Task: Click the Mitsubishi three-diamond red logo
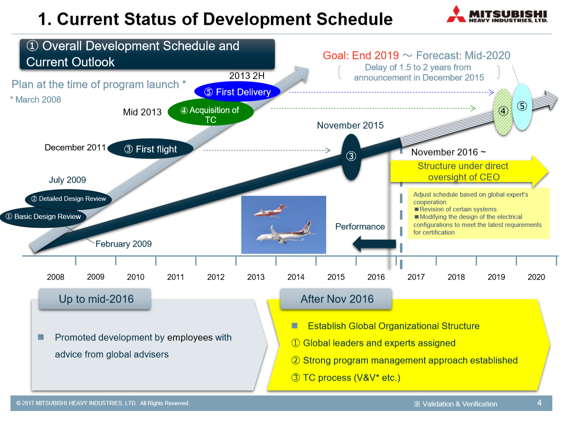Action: point(456,14)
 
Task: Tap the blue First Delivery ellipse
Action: point(237,92)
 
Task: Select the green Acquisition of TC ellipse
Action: point(211,112)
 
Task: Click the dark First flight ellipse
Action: point(150,149)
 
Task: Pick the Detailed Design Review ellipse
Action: point(69,199)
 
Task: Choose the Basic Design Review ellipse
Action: point(43,217)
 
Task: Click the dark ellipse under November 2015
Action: point(351,157)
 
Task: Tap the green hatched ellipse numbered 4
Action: point(503,112)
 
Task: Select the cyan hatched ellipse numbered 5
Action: point(522,107)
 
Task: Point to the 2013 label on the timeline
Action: point(256,277)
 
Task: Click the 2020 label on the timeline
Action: point(536,277)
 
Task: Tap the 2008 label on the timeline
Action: point(55,277)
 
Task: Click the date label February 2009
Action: point(124,244)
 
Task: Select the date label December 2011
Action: point(75,148)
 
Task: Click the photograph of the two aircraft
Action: point(283,225)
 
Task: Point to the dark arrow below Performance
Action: point(374,244)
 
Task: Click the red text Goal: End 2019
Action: point(361,55)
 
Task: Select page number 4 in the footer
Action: point(539,403)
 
